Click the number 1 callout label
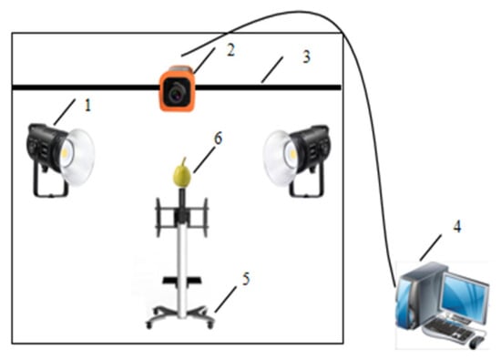click(x=87, y=105)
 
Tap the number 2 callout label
click(x=230, y=50)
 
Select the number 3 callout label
click(x=306, y=57)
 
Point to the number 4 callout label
click(x=457, y=226)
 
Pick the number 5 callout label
click(x=245, y=279)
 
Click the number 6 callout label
click(x=218, y=139)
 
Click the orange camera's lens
click(x=176, y=93)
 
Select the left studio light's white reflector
click(x=77, y=157)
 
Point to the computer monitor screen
click(x=464, y=294)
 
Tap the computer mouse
click(x=475, y=343)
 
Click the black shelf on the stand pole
click(x=182, y=281)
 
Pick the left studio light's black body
click(x=44, y=147)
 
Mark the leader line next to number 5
click(x=226, y=300)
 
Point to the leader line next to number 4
click(x=431, y=248)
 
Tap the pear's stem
click(x=183, y=162)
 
